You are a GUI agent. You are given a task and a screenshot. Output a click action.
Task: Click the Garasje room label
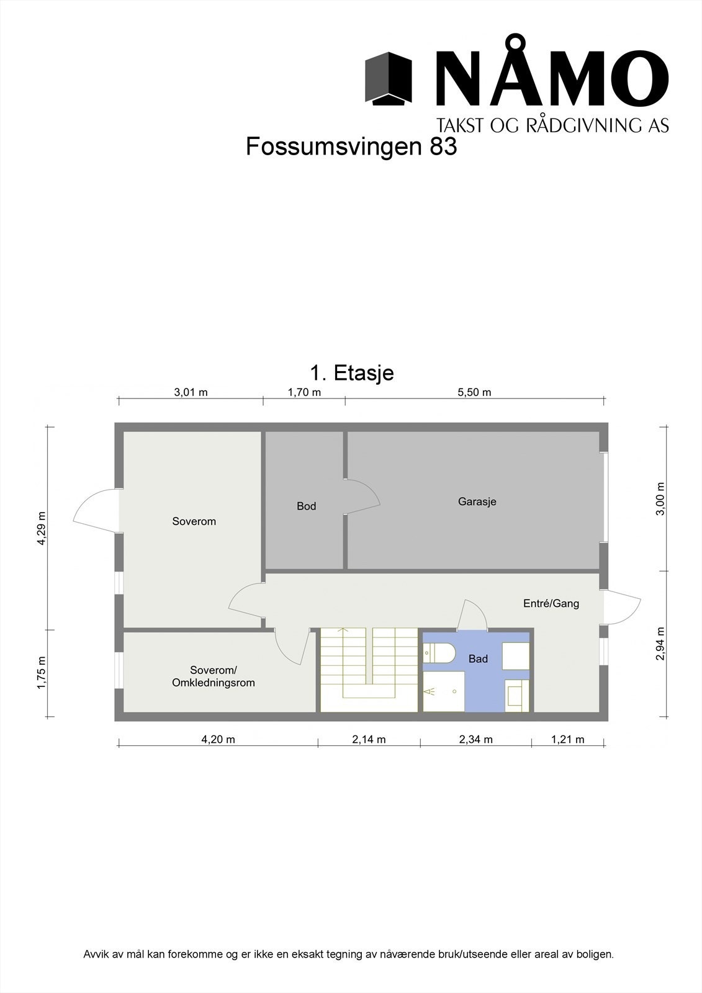click(477, 501)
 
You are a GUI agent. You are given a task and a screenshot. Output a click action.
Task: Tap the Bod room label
click(306, 506)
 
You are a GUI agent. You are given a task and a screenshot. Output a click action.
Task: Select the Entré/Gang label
click(551, 603)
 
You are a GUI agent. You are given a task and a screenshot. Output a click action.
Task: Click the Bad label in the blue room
click(478, 659)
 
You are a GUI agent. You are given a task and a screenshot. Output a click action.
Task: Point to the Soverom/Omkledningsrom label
click(214, 676)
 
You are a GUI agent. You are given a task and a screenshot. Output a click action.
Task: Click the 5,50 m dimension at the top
click(475, 392)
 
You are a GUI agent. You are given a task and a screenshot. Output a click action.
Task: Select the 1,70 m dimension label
click(304, 392)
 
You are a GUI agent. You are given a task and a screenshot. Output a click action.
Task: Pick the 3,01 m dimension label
click(191, 392)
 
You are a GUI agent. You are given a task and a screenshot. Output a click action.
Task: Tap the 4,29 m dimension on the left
click(42, 528)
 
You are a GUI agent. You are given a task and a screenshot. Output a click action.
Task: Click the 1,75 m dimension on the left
click(42, 673)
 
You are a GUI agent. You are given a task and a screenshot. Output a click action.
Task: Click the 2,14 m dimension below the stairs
click(369, 739)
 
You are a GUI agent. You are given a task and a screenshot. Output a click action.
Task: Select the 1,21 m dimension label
click(567, 739)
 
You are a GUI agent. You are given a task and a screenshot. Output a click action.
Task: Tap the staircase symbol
click(368, 670)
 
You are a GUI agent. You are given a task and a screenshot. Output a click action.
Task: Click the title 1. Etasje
click(351, 373)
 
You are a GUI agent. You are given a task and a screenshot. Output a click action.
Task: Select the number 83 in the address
click(443, 147)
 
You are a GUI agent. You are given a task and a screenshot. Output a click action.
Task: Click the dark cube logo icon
click(389, 78)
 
